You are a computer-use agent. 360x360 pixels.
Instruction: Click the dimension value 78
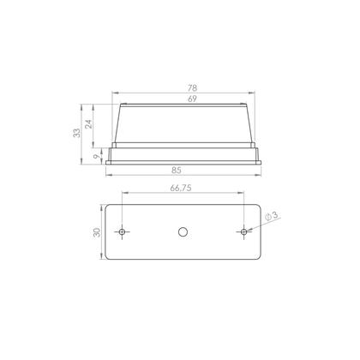click(x=193, y=87)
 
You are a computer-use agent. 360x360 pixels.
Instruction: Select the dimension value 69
click(x=192, y=99)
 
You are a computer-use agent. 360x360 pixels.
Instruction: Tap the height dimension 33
click(x=77, y=133)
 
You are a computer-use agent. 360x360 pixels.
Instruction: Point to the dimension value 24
click(x=89, y=124)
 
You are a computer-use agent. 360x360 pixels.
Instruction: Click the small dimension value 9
click(x=97, y=157)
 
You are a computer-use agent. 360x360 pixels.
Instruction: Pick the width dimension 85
click(x=177, y=171)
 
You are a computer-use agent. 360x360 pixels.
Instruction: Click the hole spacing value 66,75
click(x=181, y=188)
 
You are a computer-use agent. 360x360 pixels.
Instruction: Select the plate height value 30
click(x=97, y=232)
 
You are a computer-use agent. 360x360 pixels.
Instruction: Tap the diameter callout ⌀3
click(x=272, y=216)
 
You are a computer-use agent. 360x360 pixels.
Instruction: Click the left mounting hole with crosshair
click(x=122, y=231)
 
